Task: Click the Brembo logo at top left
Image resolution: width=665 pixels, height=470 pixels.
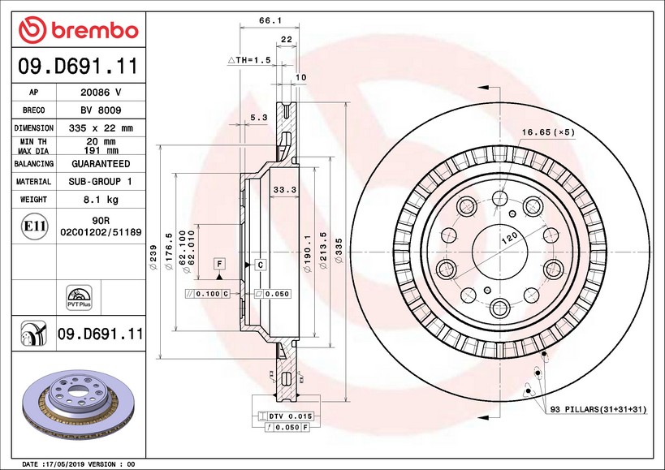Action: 79,30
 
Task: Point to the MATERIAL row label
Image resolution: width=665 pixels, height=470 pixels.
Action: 34,182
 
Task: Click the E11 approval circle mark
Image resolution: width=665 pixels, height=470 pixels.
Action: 33,226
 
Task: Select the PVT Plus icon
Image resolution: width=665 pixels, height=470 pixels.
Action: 78,297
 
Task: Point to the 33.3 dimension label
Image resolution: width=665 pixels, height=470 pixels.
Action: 283,189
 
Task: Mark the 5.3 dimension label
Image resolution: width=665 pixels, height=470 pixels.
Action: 258,118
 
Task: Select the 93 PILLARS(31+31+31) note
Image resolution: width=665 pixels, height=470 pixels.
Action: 598,409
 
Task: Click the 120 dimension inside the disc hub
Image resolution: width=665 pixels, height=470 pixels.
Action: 508,236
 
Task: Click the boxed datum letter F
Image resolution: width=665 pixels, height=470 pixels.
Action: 218,264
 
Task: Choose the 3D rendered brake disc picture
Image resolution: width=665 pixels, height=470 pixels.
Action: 77,403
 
